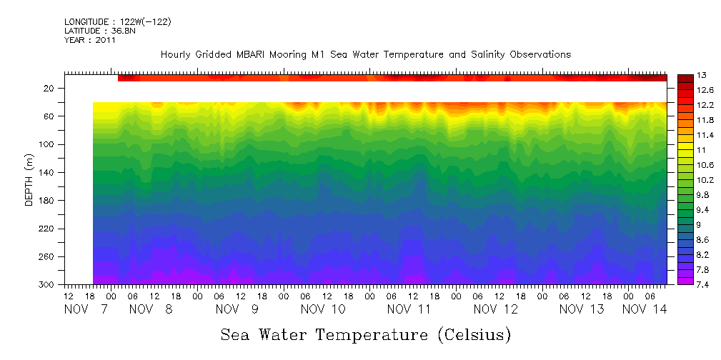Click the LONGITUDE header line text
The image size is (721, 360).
click(x=117, y=22)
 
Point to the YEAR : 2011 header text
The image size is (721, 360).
click(x=89, y=40)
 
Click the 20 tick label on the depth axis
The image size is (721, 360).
click(x=50, y=88)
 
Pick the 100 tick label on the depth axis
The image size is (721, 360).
click(x=48, y=144)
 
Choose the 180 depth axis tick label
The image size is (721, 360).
click(x=48, y=201)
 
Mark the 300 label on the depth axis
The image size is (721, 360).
click(x=48, y=285)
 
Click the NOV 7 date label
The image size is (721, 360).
click(x=86, y=309)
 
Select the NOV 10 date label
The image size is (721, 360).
click(x=323, y=309)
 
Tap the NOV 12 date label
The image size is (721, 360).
click(x=495, y=309)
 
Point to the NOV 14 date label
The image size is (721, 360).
click(x=645, y=309)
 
